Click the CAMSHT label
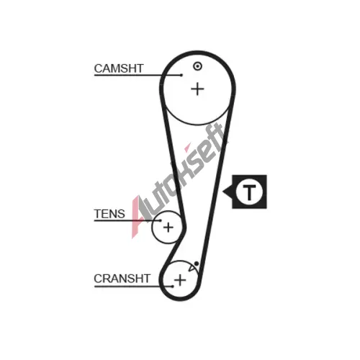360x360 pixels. pyautogui.click(x=119, y=68)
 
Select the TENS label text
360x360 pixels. pyautogui.click(x=109, y=214)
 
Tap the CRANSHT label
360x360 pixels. pyautogui.click(x=122, y=279)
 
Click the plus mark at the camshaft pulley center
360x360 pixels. pyautogui.click(x=197, y=89)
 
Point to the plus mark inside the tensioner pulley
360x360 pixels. pyautogui.click(x=168, y=227)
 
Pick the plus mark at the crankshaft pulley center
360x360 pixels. pyautogui.click(x=180, y=280)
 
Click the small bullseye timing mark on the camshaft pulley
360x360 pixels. pyautogui.click(x=197, y=66)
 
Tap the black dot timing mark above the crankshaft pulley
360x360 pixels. pyautogui.click(x=197, y=264)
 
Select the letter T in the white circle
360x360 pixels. pyautogui.click(x=249, y=192)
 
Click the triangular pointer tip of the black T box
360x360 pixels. pyautogui.click(x=223, y=192)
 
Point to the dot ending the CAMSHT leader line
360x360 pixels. pyautogui.click(x=181, y=75)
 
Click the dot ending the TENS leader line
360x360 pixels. pyautogui.click(x=160, y=220)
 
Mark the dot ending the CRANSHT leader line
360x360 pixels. pyautogui.click(x=173, y=286)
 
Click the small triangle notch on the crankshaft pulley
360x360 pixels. pyautogui.click(x=192, y=269)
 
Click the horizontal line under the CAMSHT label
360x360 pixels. pyautogui.click(x=138, y=75)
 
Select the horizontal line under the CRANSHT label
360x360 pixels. pyautogui.click(x=133, y=286)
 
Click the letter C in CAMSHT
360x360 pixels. pyautogui.click(x=99, y=68)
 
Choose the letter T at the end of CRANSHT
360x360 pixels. pyautogui.click(x=147, y=279)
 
